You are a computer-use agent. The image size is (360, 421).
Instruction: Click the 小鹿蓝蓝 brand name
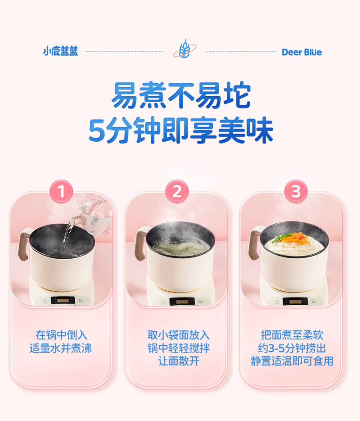coord(61,51)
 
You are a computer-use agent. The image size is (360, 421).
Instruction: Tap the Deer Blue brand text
coord(302,52)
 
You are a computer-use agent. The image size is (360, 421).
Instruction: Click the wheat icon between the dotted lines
coord(185,49)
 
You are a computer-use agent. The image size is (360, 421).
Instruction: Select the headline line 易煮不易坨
coord(181,95)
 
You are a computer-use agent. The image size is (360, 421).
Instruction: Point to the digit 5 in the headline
coord(97,130)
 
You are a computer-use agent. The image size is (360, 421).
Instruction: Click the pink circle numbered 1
coord(61,191)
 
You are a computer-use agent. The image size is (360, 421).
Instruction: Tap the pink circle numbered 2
coord(177,191)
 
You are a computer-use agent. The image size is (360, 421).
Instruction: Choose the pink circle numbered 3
coord(296,191)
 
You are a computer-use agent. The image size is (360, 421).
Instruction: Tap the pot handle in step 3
coord(255,243)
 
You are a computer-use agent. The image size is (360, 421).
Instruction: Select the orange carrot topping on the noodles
coord(295,239)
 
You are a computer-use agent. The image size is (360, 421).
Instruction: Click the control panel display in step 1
coord(62,300)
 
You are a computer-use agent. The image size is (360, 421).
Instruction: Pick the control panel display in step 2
coord(182,301)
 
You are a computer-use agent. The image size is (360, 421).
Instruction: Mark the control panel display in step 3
coord(295,301)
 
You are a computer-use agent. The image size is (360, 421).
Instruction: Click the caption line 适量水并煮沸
coord(61,348)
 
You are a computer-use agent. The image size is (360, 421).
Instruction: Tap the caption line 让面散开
coord(179,361)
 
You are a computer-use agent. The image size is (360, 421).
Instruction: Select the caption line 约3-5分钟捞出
coord(292,348)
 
